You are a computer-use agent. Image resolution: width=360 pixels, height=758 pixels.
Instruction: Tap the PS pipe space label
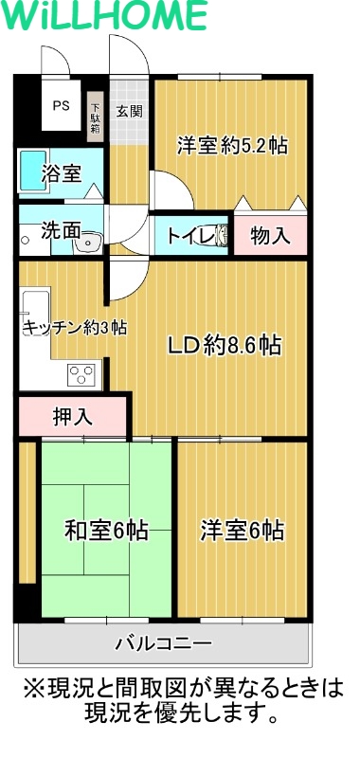61,107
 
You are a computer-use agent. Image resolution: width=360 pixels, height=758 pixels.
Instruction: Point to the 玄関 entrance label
129,111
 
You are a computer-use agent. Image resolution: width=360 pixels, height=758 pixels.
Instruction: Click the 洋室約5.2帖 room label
231,146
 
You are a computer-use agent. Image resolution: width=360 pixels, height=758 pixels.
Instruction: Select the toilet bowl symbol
221,235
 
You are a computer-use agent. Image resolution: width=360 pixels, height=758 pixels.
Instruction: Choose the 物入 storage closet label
271,236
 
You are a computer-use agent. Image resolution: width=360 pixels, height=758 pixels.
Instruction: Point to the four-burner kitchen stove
82,375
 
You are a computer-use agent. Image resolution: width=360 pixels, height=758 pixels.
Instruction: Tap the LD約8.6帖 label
224,346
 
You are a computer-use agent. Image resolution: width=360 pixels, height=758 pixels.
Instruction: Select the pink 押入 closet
72,416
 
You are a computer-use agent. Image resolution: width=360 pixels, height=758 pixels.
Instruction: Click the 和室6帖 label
105,531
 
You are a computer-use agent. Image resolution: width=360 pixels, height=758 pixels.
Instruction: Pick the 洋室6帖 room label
242,531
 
